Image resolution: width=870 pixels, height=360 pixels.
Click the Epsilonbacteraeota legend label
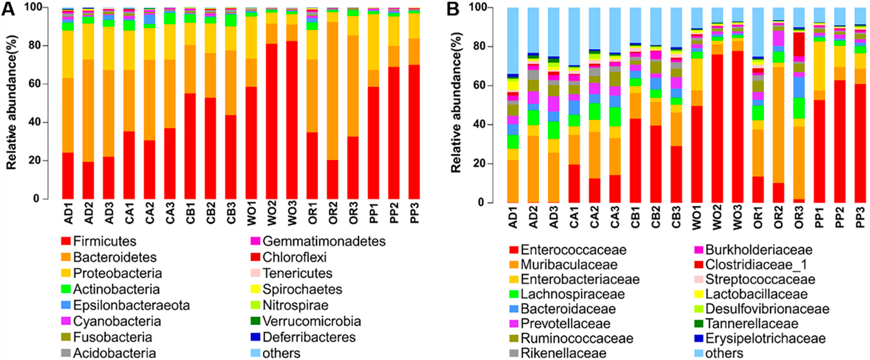click(x=131, y=305)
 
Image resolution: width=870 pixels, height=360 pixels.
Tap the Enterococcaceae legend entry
click(x=573, y=250)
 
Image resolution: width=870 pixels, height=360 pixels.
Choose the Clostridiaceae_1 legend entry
click(x=756, y=264)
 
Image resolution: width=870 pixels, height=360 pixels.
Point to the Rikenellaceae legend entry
click(x=563, y=353)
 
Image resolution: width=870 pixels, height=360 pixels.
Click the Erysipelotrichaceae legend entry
click(x=765, y=338)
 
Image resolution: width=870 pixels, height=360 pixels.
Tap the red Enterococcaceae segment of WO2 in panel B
click(x=717, y=128)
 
